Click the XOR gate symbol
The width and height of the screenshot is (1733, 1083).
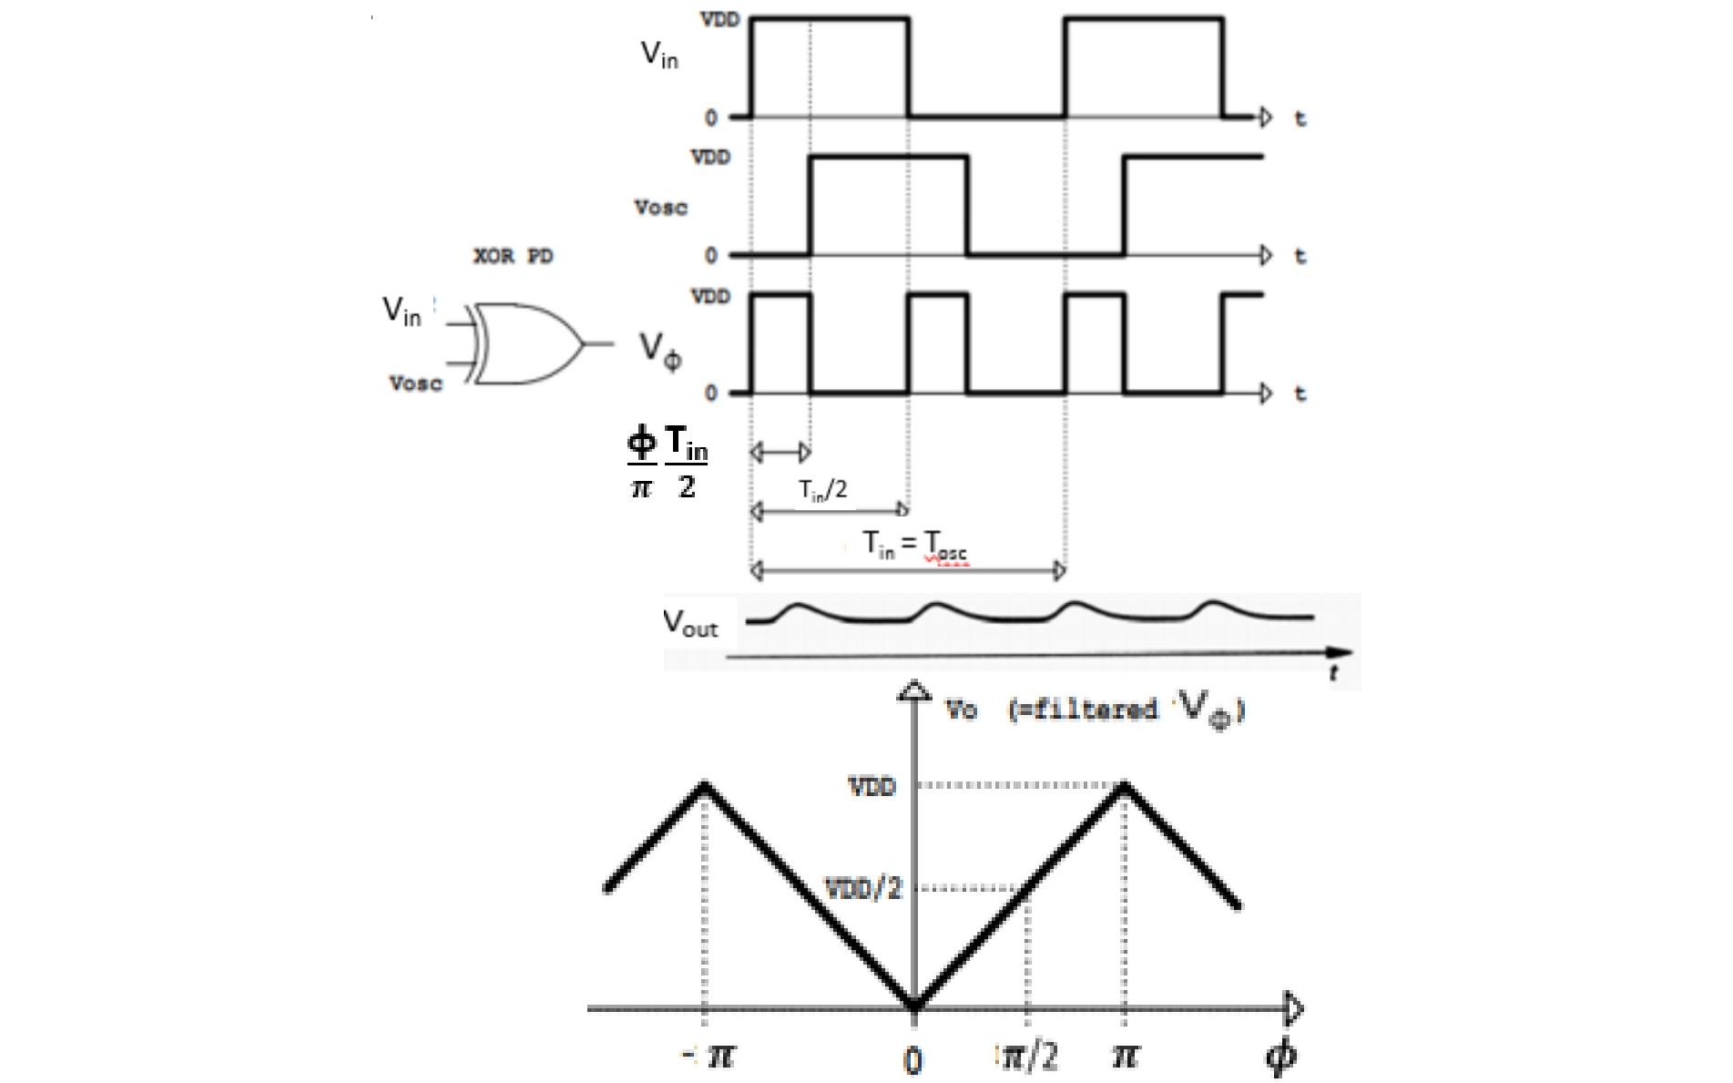[x=528, y=344]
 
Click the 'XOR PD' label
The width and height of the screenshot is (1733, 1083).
[x=513, y=256]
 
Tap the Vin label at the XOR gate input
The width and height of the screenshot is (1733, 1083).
[x=402, y=311]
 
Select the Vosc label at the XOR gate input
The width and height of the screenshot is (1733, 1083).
[x=415, y=383]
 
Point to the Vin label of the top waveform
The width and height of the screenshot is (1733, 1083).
[x=659, y=55]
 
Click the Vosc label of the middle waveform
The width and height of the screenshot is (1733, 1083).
[x=660, y=208]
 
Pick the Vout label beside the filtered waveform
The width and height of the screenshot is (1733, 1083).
[x=690, y=623]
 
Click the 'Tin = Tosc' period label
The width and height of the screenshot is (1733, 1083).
[x=914, y=545]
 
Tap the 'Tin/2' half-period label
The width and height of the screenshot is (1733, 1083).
[x=823, y=490]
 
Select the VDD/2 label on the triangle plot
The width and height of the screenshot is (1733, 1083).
[x=862, y=888]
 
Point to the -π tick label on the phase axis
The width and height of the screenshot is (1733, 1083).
[x=710, y=1056]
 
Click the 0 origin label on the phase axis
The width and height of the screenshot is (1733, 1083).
[x=912, y=1059]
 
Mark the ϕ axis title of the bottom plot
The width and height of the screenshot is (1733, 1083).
[x=1281, y=1057]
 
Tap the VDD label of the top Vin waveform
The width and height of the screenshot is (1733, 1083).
[x=719, y=19]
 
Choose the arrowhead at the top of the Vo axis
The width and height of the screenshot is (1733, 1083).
[x=913, y=691]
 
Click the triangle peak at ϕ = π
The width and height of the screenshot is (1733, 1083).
[x=1125, y=783]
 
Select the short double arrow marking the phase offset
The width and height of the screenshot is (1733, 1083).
[x=780, y=451]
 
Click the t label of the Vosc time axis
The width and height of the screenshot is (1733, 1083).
[x=1300, y=256]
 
